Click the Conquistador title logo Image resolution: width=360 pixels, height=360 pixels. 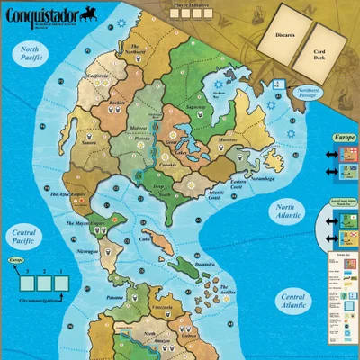coord(42,13)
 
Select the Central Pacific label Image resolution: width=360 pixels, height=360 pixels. coord(24,238)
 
